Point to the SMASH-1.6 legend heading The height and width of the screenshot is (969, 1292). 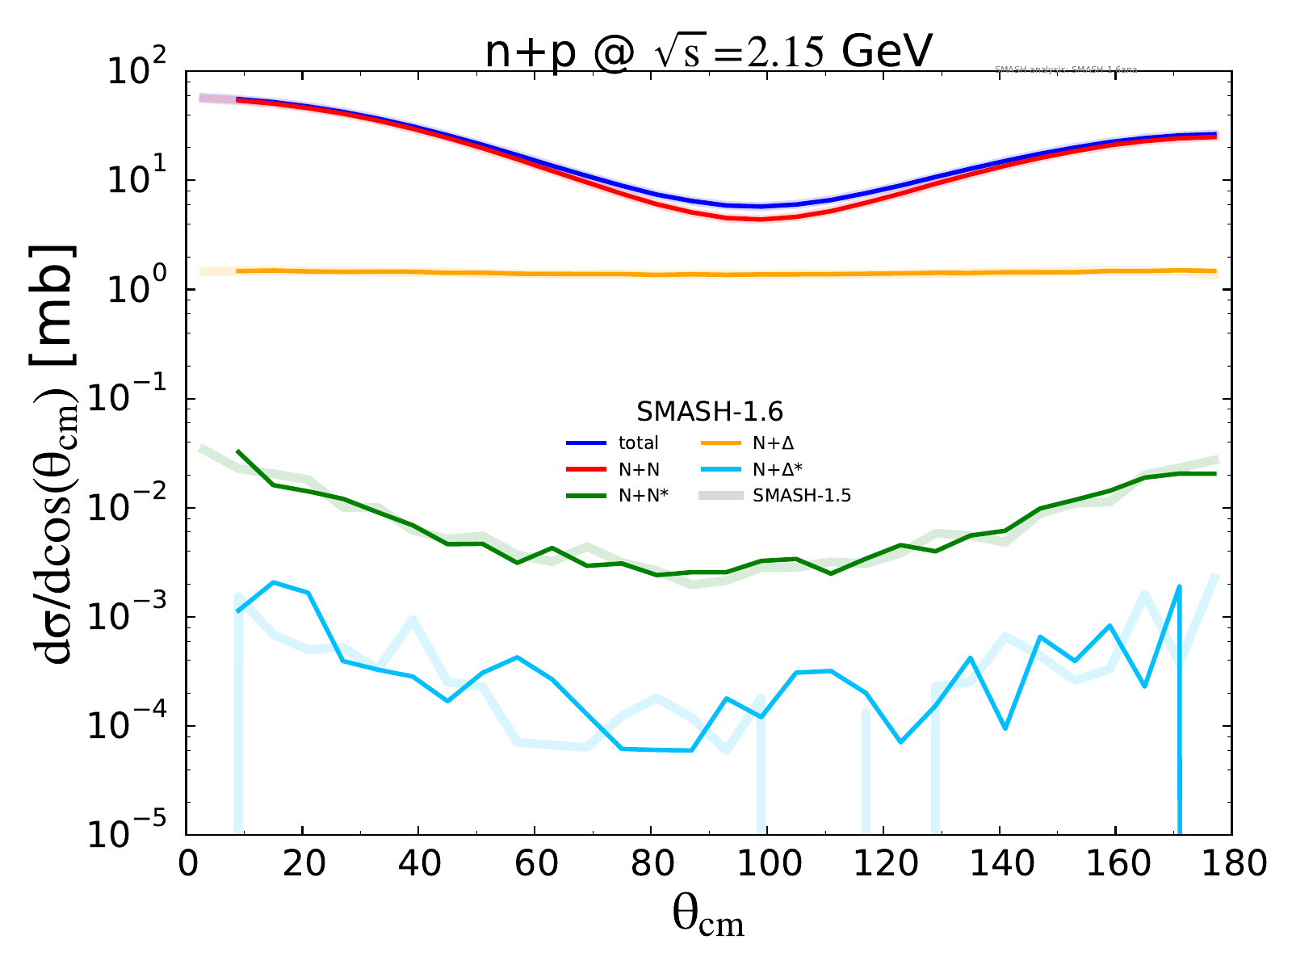click(709, 412)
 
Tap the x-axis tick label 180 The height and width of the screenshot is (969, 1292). click(1231, 865)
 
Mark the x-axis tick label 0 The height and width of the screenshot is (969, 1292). click(187, 865)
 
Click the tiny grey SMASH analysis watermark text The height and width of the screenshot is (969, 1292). click(1066, 70)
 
